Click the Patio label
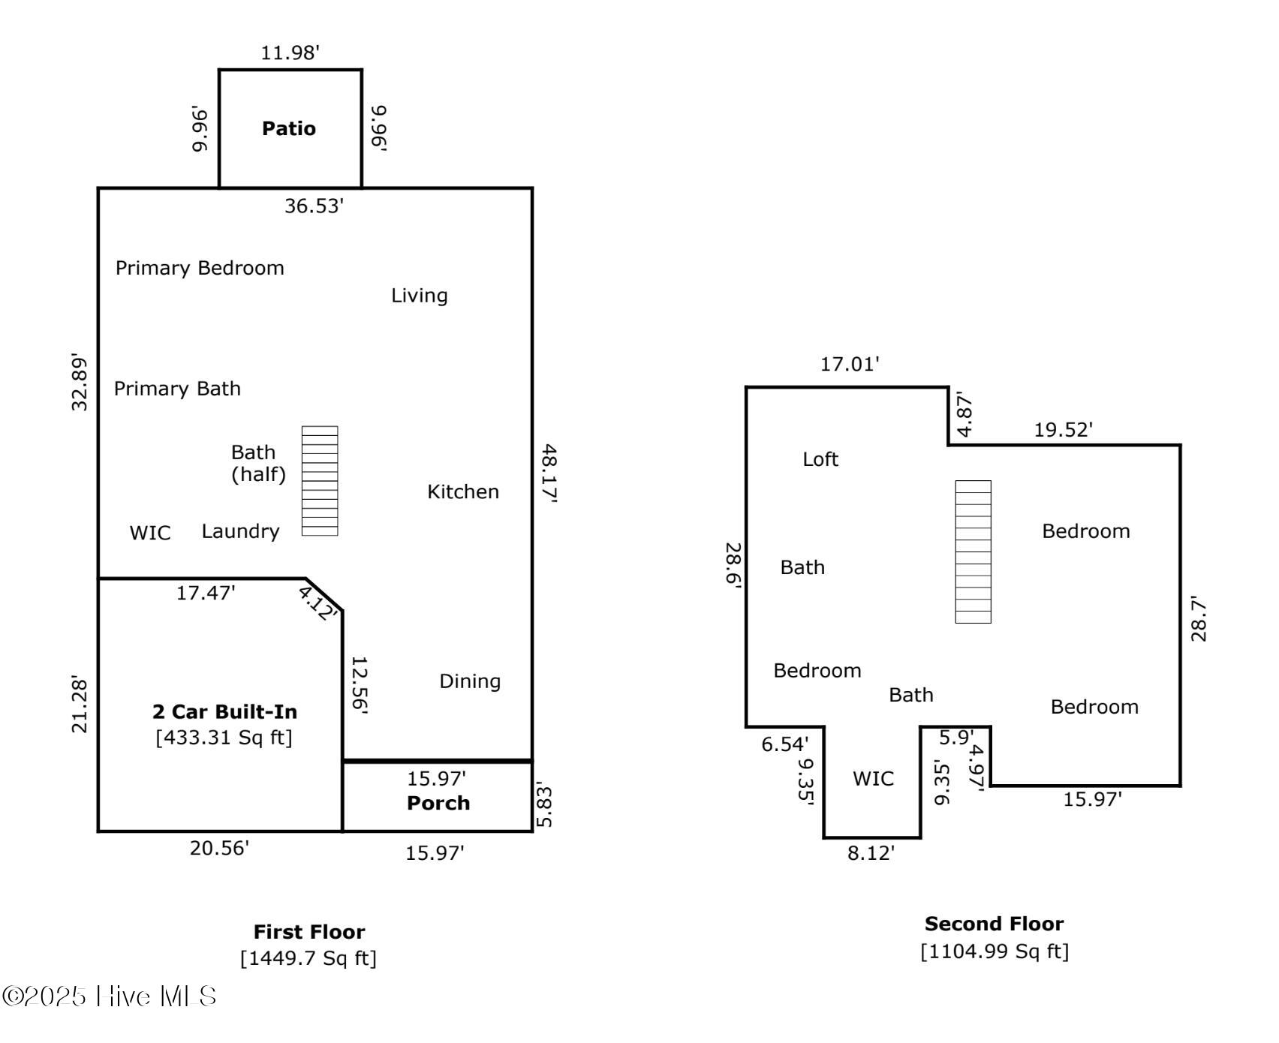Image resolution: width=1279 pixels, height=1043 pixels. click(x=289, y=128)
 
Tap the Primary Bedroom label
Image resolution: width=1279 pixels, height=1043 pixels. click(x=200, y=268)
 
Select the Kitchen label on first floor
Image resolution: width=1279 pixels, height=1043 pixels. click(x=463, y=491)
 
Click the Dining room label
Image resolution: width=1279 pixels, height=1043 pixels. click(x=470, y=681)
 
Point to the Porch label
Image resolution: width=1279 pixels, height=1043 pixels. click(x=438, y=803)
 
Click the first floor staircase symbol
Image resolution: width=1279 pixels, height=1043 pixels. click(x=320, y=481)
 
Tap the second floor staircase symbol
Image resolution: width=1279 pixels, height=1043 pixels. click(x=973, y=552)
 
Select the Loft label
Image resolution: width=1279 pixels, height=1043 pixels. click(x=820, y=459)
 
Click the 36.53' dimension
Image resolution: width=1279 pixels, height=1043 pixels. click(x=314, y=206)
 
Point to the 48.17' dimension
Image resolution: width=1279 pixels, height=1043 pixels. click(x=549, y=473)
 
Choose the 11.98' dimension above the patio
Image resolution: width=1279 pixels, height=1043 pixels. click(x=290, y=53)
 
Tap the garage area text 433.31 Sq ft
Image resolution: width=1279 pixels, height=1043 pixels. click(x=224, y=738)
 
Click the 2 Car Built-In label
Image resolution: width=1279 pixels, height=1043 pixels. click(x=224, y=711)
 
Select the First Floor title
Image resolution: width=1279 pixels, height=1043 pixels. click(x=309, y=932)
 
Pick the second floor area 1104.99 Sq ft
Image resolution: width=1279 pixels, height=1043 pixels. click(x=995, y=951)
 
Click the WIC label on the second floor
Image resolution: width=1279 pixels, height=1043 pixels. click(x=873, y=778)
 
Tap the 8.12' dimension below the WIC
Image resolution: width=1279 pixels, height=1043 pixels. click(x=871, y=853)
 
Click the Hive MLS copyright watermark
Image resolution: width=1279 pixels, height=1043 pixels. click(x=110, y=996)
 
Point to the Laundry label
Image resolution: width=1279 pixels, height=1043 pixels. click(x=240, y=531)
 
